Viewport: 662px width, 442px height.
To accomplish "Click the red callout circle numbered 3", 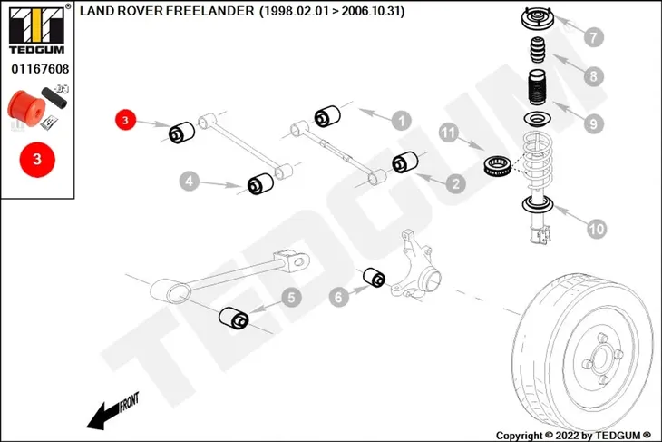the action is (x=125, y=120).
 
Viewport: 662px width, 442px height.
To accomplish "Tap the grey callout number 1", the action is (x=401, y=121).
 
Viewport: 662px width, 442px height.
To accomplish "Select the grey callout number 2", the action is (x=455, y=184).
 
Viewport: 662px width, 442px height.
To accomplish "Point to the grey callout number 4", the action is (x=190, y=182).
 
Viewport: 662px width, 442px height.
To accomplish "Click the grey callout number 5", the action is (x=291, y=298).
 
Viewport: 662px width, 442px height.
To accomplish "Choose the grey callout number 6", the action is (x=338, y=297).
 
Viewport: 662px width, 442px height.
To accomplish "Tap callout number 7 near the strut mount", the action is (x=594, y=37).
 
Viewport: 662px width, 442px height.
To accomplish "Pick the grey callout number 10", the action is (x=597, y=229).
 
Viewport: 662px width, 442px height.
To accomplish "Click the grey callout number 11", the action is (x=448, y=133).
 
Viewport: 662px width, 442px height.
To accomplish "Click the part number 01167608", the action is (x=40, y=69).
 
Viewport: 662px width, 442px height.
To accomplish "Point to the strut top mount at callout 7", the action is (x=537, y=19).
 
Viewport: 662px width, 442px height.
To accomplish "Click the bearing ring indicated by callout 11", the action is (x=498, y=166).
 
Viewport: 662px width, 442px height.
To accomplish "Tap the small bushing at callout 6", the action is (x=375, y=277).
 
